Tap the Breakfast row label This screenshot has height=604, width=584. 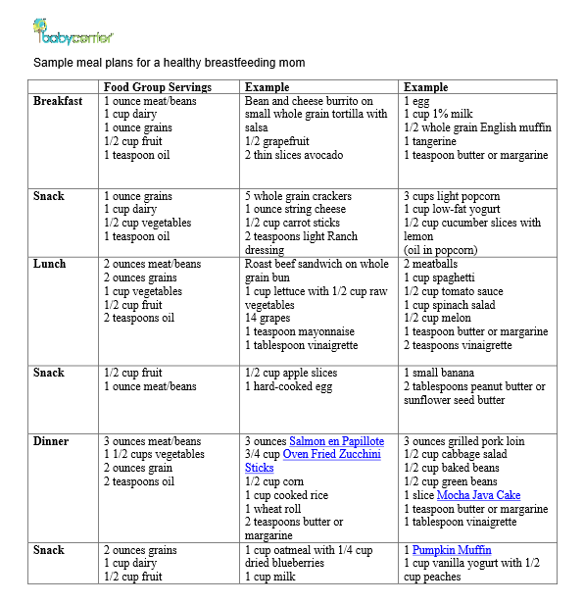point(58,101)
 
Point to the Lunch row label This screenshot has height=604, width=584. point(50,264)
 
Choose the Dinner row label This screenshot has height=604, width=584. point(54,441)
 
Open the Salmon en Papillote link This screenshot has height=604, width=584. point(336,441)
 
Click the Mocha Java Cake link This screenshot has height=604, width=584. point(478,495)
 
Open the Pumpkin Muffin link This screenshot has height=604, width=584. point(452,550)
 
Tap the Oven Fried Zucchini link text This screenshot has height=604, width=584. point(332,455)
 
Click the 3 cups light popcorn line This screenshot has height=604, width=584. point(451,196)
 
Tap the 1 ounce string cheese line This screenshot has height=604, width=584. point(295,209)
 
